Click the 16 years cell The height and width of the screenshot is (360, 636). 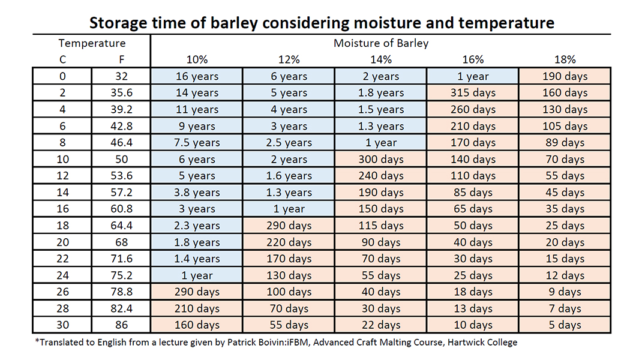197,76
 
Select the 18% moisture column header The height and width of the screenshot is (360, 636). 565,59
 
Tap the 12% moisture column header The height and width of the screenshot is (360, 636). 289,59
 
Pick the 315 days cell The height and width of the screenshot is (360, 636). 473,93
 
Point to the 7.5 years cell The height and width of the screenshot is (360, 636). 197,143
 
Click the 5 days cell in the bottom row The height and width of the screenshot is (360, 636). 565,325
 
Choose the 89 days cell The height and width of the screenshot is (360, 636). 565,143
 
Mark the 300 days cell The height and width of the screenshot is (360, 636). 381,160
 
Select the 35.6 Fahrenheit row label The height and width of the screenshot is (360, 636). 121,93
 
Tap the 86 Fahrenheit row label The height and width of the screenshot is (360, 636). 121,325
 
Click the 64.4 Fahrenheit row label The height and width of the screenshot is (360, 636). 121,226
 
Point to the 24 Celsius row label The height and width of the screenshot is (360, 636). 62,275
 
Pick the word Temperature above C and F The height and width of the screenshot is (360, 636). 92,43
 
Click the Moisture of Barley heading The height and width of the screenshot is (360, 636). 381,43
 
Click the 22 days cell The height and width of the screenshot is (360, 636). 381,325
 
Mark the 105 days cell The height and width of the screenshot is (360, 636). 565,126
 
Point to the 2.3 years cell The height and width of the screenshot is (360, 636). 197,226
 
